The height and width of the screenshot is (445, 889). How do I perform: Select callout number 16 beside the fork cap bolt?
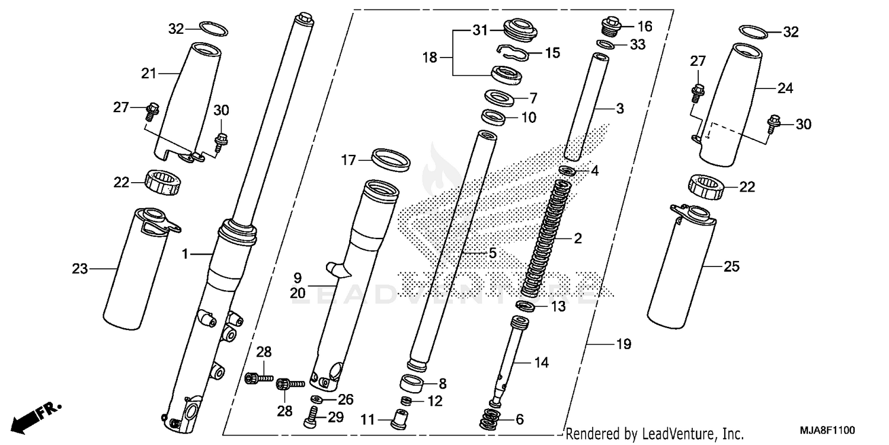tap(644, 26)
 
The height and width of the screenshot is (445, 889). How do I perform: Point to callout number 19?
tap(623, 344)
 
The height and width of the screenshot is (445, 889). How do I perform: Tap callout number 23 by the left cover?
tap(80, 269)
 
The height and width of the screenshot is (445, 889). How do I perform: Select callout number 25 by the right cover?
tap(731, 266)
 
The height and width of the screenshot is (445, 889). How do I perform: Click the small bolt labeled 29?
tap(312, 419)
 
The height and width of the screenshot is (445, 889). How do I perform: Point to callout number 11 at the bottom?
tap(368, 421)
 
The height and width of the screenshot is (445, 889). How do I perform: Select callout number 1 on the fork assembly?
tap(185, 254)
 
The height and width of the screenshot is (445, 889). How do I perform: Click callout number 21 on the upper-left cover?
tap(148, 74)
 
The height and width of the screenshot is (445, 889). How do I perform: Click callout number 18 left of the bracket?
tap(430, 58)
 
